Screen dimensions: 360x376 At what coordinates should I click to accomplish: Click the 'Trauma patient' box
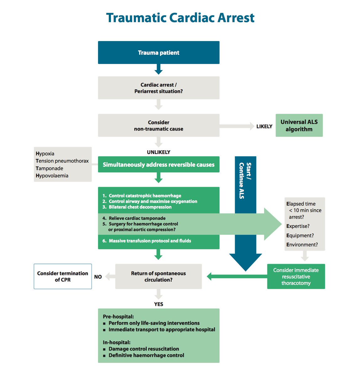(159, 52)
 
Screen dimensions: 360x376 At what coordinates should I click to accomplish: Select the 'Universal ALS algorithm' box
(299, 125)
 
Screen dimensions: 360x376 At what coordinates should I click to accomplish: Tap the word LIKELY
(264, 126)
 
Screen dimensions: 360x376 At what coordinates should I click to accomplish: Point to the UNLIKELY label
(159, 152)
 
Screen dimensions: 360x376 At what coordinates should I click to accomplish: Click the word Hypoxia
(45, 154)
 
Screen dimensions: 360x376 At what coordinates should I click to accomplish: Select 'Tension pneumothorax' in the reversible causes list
(62, 161)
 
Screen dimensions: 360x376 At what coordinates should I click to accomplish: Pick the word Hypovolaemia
(52, 176)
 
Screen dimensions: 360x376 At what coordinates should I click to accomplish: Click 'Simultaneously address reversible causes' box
(159, 164)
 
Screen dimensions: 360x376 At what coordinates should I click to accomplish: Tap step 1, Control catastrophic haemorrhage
(142, 196)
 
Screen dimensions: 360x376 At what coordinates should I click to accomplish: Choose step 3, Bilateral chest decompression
(137, 207)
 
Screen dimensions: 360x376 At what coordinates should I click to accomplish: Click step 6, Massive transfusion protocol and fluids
(147, 241)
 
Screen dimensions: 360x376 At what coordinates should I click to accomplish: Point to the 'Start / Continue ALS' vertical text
(245, 180)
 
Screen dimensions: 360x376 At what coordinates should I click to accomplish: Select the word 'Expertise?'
(298, 226)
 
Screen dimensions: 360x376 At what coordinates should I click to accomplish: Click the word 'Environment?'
(302, 245)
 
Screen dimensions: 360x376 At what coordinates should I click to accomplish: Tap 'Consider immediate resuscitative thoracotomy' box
(296, 276)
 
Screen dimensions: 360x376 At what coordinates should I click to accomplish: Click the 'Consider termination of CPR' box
(63, 276)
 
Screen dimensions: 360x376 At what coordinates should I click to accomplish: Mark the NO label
(98, 277)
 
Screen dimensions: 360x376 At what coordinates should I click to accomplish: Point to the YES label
(159, 304)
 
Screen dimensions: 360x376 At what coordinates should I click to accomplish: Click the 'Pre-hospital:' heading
(118, 316)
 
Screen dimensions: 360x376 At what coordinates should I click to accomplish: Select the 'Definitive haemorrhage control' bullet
(143, 355)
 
